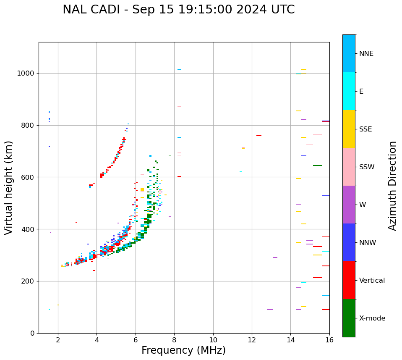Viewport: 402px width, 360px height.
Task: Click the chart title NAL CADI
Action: pos(178,10)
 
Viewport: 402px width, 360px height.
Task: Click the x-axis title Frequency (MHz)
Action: pos(183,350)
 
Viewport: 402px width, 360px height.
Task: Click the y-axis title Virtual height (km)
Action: pos(9,188)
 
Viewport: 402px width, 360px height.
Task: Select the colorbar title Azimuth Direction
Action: pos(392,186)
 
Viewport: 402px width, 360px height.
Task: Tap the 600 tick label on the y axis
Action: pos(29,177)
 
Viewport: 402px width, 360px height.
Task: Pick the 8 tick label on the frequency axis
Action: pos(174,340)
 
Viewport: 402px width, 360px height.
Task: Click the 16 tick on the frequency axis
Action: pos(329,340)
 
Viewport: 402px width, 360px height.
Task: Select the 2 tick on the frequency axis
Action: pos(58,340)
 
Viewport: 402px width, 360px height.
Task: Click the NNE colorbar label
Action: pos(366,54)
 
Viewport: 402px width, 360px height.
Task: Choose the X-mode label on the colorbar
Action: pos(372,318)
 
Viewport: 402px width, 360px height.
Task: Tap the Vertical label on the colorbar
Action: pos(372,281)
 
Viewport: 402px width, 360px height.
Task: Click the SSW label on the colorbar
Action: pos(367,167)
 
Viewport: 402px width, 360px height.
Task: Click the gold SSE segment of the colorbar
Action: pos(349,129)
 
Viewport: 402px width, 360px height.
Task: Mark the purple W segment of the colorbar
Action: pos(349,205)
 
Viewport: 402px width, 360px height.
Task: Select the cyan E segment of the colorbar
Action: pos(349,91)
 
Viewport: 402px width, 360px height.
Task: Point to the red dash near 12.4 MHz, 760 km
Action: pos(259,136)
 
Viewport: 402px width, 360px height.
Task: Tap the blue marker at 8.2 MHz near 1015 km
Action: pos(179,69)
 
